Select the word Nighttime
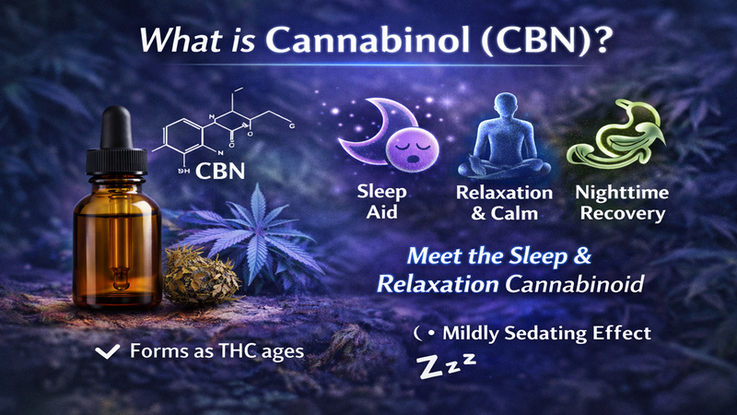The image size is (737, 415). point(616,194)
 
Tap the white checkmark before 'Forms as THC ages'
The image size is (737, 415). point(107,350)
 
